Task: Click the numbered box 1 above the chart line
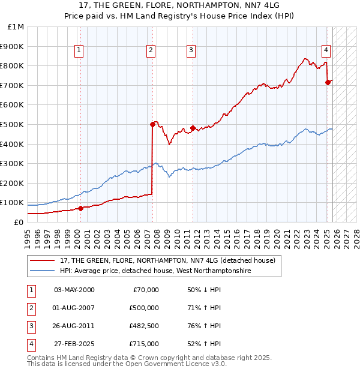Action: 79,50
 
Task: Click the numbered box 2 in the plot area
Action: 151,50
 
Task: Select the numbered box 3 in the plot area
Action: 191,50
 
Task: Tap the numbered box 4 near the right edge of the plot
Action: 326,50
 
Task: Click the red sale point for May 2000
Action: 80,208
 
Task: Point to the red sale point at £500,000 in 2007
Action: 152,124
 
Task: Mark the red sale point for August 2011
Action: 193,127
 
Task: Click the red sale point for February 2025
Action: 328,82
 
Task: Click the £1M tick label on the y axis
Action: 16,27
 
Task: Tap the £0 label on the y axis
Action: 19,222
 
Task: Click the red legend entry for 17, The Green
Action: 167,260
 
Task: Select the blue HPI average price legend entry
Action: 155,271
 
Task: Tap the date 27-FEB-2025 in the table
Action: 74,344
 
